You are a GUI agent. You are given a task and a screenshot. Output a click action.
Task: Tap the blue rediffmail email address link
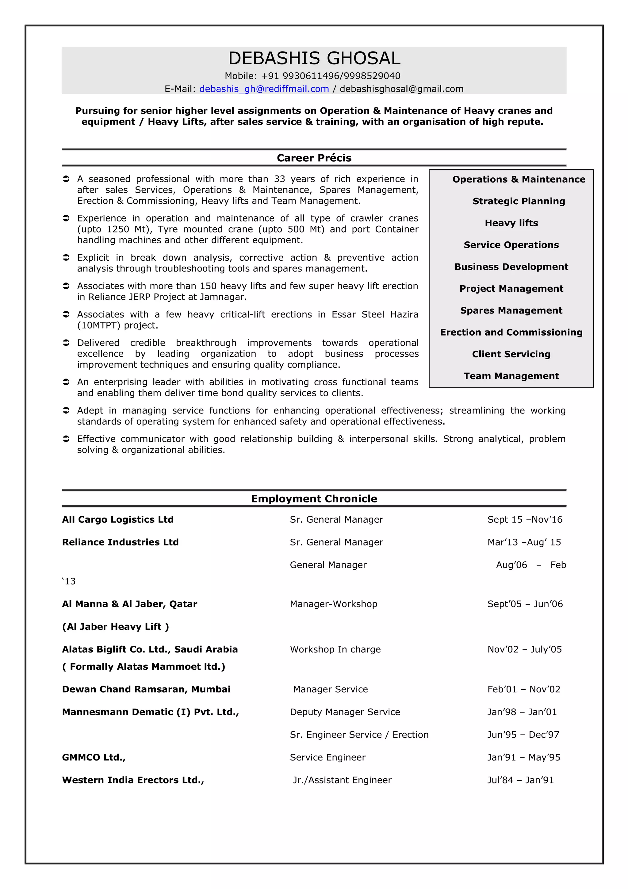[x=264, y=89]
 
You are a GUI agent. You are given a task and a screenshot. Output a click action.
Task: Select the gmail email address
[x=401, y=89]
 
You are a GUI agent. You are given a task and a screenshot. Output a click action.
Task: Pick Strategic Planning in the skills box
[x=519, y=201]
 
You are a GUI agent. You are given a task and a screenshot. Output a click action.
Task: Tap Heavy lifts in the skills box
[x=511, y=223]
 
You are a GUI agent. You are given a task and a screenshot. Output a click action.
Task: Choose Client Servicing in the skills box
[x=511, y=354]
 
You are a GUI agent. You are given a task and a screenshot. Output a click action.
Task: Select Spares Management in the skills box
[x=511, y=310]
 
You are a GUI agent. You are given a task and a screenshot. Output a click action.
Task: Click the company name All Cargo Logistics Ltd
[x=118, y=520]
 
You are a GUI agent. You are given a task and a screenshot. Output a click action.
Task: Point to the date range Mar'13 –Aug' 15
[x=524, y=542]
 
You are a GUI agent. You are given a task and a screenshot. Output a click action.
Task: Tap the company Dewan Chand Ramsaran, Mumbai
[x=146, y=689]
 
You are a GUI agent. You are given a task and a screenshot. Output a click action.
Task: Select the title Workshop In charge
[x=335, y=649]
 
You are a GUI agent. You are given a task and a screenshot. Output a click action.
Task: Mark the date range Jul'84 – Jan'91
[x=520, y=780]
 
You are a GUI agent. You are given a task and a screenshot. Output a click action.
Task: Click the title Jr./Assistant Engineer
[x=342, y=780]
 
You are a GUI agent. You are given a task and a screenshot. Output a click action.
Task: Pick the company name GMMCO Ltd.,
[x=94, y=757]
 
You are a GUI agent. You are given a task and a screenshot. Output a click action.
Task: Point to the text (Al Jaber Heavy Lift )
[x=115, y=627]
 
